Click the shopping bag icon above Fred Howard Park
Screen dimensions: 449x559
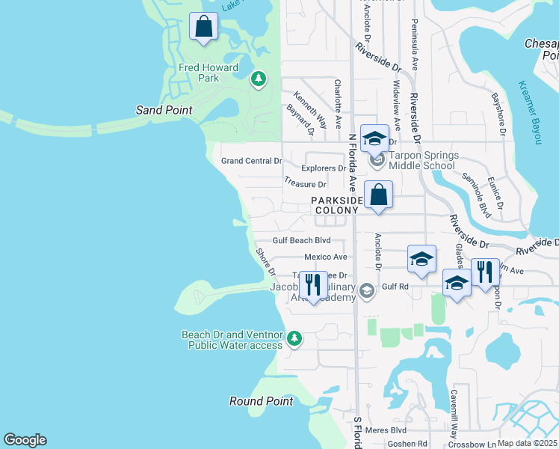click(x=203, y=27)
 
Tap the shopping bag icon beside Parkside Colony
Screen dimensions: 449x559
click(x=378, y=195)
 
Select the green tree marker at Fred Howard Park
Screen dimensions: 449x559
click(x=259, y=79)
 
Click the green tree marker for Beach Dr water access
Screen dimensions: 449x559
click(x=294, y=339)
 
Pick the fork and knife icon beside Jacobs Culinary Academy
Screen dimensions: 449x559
click(x=312, y=285)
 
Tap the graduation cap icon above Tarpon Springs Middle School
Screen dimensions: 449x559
click(x=374, y=138)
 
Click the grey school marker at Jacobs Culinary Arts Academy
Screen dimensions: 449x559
click(x=366, y=290)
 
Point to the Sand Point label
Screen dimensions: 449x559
click(x=164, y=110)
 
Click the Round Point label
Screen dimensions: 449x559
click(x=261, y=401)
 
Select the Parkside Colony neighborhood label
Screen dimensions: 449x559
click(x=337, y=206)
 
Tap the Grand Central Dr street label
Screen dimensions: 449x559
click(x=251, y=161)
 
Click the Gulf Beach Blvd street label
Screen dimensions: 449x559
click(x=301, y=241)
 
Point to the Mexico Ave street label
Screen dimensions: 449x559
click(x=326, y=257)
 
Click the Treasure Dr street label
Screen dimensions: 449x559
click(x=305, y=183)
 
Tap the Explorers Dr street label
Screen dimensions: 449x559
click(x=324, y=168)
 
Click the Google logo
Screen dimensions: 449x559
click(x=25, y=440)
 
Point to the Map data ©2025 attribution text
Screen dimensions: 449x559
click(x=527, y=443)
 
